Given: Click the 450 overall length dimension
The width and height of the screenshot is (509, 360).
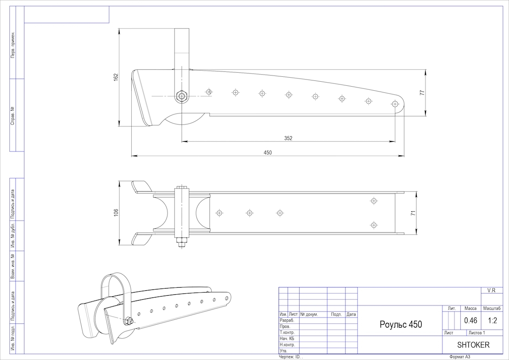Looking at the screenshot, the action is click(x=267, y=152).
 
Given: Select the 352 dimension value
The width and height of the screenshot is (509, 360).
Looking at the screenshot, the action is click(x=288, y=138).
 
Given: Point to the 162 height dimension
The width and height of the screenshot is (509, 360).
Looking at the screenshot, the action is click(x=116, y=77).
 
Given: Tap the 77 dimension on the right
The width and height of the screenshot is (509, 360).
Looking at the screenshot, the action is click(x=421, y=92).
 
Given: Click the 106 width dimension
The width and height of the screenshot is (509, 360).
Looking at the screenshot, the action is click(x=116, y=213).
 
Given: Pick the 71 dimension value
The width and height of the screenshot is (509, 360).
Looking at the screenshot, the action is click(x=413, y=213).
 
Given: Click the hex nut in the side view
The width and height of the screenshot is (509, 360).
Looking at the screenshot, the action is click(x=181, y=96).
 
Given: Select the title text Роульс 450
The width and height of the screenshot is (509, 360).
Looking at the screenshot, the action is click(x=401, y=324).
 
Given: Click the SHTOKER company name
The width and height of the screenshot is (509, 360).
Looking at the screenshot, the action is click(x=473, y=345).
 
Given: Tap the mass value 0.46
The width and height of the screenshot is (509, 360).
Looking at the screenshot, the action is click(x=471, y=320).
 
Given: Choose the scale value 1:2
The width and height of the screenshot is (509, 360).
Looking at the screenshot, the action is click(x=492, y=320).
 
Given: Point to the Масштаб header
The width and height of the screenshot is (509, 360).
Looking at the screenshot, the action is click(x=492, y=308).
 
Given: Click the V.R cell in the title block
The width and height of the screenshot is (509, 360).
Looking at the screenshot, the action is click(x=492, y=290).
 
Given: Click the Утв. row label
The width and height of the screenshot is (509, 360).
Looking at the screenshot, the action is click(x=283, y=351).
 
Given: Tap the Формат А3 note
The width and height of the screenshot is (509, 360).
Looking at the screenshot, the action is click(x=460, y=357).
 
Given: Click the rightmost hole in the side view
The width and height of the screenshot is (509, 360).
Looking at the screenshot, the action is click(x=395, y=104).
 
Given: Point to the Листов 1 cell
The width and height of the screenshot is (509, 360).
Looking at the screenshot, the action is click(x=477, y=333).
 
